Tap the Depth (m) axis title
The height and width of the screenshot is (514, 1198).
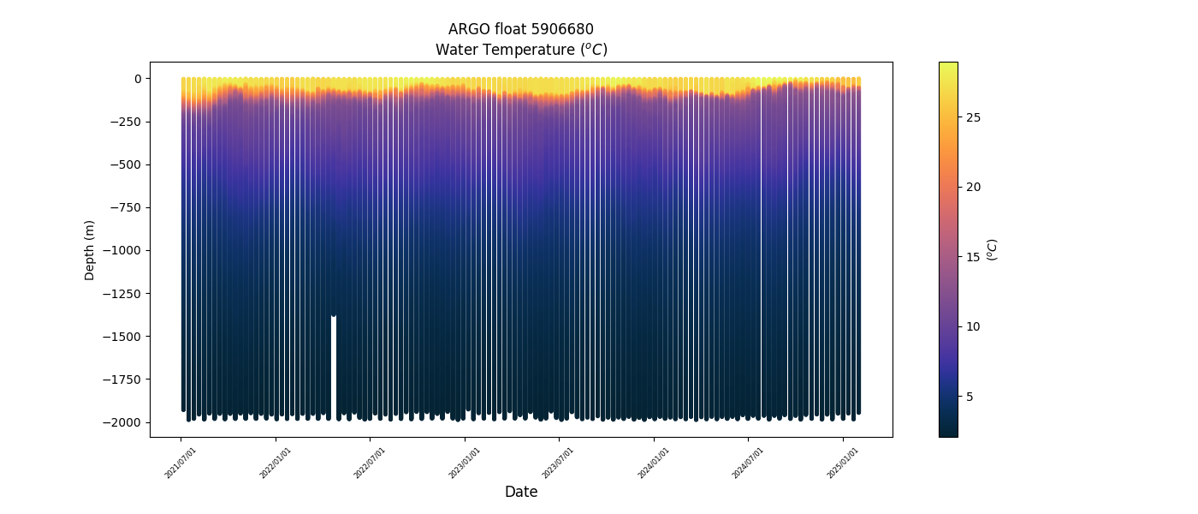tap(90, 249)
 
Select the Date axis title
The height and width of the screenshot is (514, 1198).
tap(521, 492)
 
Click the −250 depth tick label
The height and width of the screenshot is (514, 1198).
tap(125, 122)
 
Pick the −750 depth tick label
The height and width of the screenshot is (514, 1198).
tap(125, 207)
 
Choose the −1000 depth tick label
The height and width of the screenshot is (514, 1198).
tap(122, 250)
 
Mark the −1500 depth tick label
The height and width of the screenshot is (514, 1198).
tap(122, 337)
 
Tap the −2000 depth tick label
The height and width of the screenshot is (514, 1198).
tap(122, 422)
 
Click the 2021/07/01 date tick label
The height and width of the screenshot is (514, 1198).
tap(181, 462)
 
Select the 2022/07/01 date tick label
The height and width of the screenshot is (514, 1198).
tap(371, 462)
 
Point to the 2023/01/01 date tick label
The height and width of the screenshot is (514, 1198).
tap(466, 462)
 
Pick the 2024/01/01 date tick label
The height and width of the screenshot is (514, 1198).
tap(655, 462)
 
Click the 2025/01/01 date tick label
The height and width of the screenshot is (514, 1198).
tap(844, 462)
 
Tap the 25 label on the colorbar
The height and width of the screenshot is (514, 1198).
tap(973, 117)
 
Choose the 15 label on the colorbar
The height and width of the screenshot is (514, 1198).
tap(973, 257)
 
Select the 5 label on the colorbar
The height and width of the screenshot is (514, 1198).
tap(970, 397)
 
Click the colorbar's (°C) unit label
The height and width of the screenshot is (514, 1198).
tap(993, 249)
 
